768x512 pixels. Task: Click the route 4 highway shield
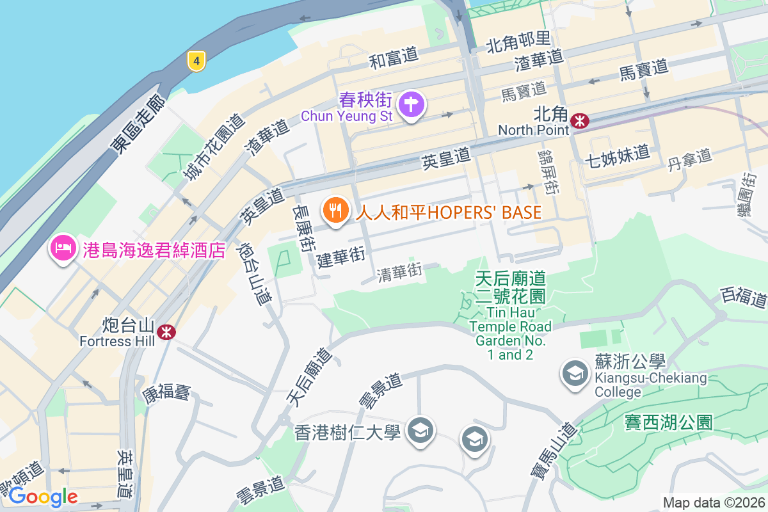196,61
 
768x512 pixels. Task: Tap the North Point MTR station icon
580,120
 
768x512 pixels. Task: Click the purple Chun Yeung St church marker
410,106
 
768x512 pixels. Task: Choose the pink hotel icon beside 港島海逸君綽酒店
63,248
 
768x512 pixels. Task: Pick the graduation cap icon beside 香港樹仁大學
420,428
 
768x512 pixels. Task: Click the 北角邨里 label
518,44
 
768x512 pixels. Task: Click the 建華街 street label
340,257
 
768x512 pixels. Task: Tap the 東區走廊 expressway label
137,125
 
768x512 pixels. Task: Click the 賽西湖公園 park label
668,422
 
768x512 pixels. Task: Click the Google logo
43,496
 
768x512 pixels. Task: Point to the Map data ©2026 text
714,502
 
